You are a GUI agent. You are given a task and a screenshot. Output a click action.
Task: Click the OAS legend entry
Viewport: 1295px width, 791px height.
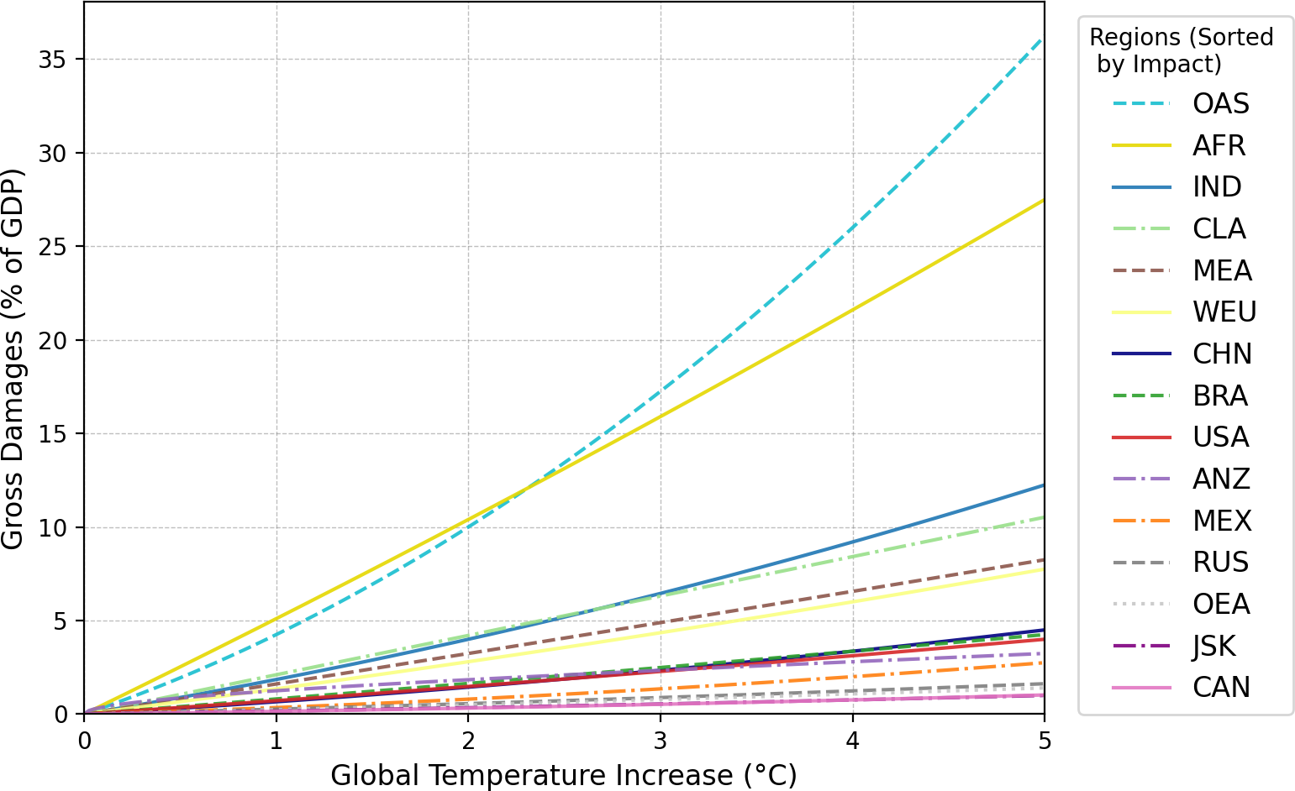1220,104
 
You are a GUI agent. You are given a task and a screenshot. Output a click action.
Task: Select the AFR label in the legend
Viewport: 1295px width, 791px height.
1219,145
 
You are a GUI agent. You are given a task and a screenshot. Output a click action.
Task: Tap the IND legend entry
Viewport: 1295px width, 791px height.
1217,187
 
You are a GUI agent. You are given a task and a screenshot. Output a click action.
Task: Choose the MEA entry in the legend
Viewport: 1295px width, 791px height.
1222,270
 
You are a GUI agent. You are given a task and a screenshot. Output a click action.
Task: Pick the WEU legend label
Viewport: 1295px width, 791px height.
1224,312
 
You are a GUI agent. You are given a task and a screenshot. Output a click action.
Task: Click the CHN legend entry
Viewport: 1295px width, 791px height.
1222,354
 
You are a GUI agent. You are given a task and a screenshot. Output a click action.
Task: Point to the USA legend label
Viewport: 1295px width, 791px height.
1220,437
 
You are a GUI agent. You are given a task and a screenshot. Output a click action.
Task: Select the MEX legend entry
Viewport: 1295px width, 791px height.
1222,521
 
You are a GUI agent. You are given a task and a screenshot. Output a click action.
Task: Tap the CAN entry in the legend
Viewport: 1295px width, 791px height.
1221,688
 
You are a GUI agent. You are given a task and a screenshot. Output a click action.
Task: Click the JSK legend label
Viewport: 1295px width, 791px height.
1214,646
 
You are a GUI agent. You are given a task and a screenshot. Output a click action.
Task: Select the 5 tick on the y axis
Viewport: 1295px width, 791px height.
61,621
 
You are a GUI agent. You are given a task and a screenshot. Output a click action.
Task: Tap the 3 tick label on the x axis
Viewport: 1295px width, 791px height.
661,740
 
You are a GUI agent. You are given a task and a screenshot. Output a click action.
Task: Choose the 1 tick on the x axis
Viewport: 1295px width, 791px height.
276,740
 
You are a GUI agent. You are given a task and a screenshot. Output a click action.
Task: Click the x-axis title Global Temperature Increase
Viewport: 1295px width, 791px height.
564,775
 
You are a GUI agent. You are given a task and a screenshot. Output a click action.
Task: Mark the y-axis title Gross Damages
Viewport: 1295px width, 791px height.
12,359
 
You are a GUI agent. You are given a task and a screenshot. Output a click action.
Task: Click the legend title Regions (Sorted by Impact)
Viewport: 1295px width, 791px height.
1181,50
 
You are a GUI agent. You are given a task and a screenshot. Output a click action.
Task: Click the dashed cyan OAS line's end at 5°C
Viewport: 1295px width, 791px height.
1043,39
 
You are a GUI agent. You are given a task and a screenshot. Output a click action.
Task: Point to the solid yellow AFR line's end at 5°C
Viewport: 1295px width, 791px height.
1044,200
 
